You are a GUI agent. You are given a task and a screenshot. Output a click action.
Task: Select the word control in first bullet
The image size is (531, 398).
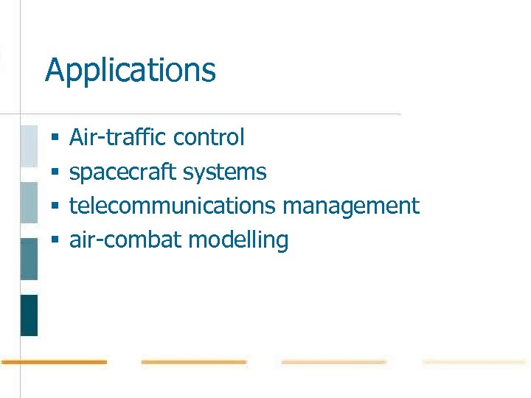(x=208, y=137)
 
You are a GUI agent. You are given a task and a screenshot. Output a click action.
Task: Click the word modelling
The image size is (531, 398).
(x=238, y=240)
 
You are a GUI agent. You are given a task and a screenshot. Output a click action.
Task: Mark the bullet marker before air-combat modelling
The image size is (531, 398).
(x=55, y=240)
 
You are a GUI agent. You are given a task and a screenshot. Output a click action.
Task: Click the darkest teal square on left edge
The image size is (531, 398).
(x=29, y=315)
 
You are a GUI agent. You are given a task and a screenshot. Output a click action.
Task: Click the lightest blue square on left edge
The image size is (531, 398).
(x=29, y=146)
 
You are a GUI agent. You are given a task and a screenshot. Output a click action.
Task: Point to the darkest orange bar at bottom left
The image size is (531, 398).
(x=54, y=362)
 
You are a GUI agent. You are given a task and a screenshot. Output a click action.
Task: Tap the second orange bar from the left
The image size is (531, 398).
(x=193, y=362)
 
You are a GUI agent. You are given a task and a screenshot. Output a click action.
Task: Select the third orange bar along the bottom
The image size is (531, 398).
(x=333, y=362)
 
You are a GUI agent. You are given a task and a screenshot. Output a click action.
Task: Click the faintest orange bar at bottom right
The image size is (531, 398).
(x=473, y=362)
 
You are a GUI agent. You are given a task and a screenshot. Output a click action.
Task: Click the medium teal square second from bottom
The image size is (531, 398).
(x=29, y=259)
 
